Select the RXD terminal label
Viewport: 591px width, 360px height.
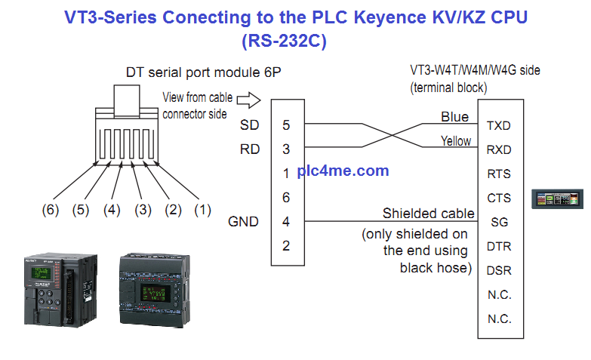(x=499, y=149)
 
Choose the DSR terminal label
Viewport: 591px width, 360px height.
(x=499, y=270)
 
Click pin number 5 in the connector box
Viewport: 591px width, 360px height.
(x=286, y=125)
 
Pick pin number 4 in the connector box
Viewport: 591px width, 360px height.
(x=286, y=222)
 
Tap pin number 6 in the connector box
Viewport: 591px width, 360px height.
(x=286, y=198)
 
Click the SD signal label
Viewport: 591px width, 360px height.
(x=249, y=125)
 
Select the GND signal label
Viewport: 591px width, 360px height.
(x=243, y=222)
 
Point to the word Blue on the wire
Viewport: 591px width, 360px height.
(x=454, y=117)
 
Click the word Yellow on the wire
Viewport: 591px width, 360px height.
(x=455, y=141)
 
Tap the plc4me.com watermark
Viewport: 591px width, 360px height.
(x=343, y=171)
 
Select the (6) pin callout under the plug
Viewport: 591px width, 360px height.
(x=50, y=211)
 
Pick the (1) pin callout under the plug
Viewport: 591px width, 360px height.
(x=202, y=211)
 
